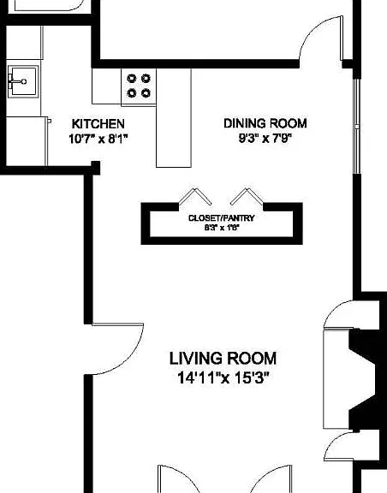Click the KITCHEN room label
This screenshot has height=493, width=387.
click(x=98, y=123)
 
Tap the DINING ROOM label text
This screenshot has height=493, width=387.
click(x=265, y=123)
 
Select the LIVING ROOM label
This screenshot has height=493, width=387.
click(x=223, y=359)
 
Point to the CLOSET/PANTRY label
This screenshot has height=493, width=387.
click(x=221, y=218)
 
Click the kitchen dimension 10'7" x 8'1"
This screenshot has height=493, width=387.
click(x=98, y=139)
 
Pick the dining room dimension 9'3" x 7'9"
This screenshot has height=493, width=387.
click(x=265, y=139)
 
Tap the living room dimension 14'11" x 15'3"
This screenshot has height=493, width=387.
click(x=223, y=377)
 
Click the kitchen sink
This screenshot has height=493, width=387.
click(x=23, y=81)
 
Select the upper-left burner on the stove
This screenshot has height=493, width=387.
click(x=132, y=78)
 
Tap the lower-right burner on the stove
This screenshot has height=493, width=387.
click(x=146, y=92)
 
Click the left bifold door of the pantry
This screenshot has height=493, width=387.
click(x=195, y=197)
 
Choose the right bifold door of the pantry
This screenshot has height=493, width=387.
click(x=247, y=197)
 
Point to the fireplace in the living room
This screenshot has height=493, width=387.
click(x=362, y=379)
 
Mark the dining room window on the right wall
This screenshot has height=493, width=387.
click(x=356, y=126)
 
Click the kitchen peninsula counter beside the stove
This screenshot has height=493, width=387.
click(x=174, y=118)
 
